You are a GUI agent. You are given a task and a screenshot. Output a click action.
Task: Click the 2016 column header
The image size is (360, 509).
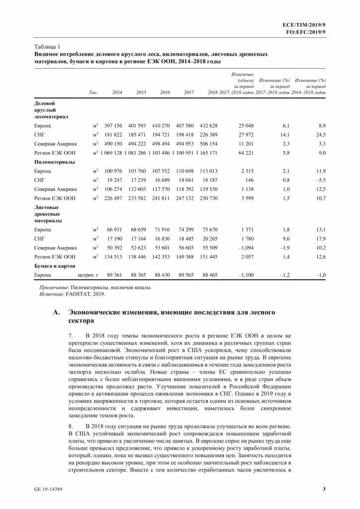coord(165,93)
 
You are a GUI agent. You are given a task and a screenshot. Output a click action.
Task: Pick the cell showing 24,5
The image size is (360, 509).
coord(320,135)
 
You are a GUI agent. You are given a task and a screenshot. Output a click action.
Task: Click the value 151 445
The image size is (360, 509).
coord(208,256)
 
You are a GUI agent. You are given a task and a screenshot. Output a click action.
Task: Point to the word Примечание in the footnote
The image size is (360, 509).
coord(54,287)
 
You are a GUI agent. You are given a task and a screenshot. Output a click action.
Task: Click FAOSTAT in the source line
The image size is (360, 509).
coord(74,294)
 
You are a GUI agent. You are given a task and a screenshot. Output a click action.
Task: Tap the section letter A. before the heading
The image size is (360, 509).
coord(55,313)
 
